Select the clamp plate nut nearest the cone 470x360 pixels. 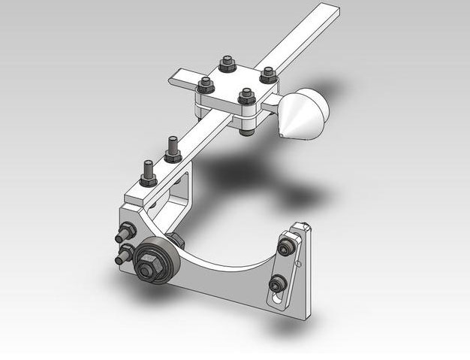point(268,74)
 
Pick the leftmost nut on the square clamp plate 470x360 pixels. point(205,83)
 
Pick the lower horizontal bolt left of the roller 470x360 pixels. point(122,257)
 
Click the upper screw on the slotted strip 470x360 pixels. point(285,246)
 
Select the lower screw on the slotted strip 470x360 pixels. point(278,283)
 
